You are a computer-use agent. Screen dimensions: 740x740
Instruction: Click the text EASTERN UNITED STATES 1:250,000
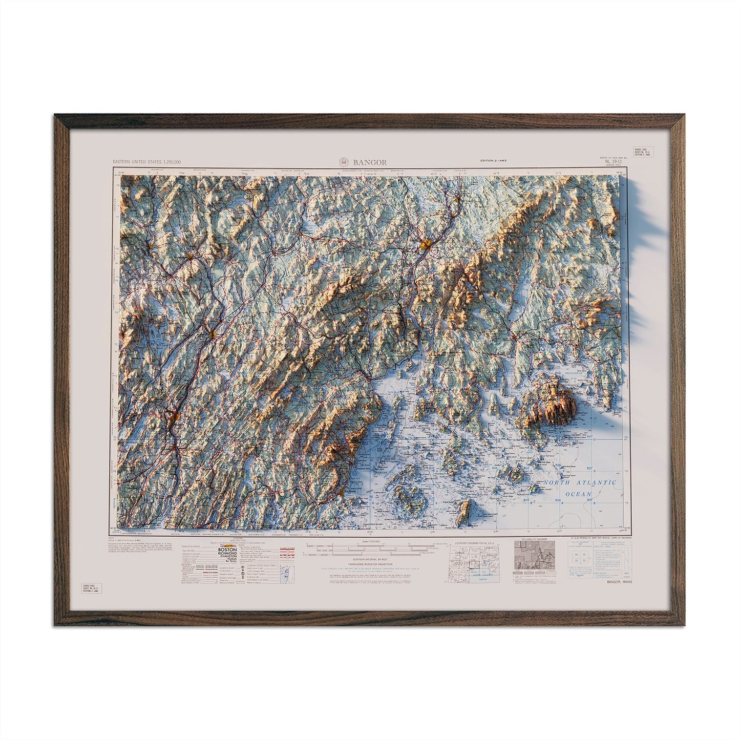pyautogui.click(x=145, y=162)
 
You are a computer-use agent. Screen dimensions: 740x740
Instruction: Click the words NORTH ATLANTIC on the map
pyautogui.click(x=580, y=483)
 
